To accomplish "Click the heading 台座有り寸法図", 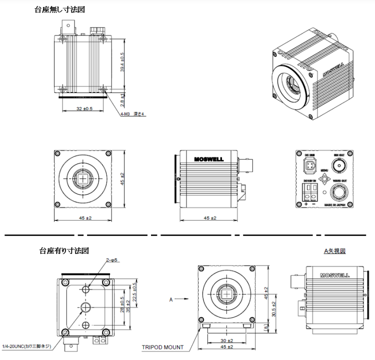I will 64,250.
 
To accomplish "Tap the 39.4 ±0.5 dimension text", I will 122,62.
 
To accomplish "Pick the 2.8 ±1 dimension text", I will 122,98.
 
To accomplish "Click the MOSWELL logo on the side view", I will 208,159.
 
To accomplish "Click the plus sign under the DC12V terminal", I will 306,203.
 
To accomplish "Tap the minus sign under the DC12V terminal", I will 313,203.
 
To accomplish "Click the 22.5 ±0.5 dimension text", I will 134,293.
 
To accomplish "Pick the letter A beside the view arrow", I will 171,299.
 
